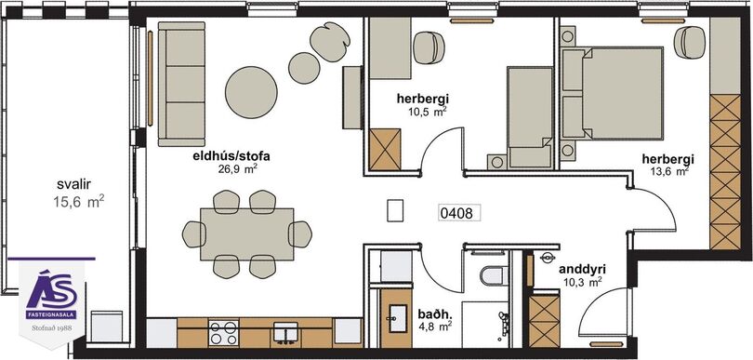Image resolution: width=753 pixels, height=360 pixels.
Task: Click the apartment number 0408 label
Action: [x=459, y=212]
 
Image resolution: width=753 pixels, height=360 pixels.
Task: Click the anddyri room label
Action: [x=581, y=270]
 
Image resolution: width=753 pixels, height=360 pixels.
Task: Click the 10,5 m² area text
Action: [x=423, y=111]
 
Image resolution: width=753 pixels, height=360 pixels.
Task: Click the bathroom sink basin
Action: [x=398, y=318]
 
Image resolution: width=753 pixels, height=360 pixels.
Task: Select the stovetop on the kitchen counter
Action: [x=224, y=333]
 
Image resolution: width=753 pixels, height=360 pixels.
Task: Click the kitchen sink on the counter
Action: [x=285, y=332]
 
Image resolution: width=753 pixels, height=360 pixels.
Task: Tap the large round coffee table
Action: [x=251, y=92]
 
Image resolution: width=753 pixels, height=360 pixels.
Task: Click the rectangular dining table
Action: [x=247, y=234]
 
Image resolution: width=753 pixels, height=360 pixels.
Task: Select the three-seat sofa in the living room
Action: [x=181, y=84]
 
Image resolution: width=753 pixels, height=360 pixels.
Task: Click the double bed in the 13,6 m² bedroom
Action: [x=613, y=93]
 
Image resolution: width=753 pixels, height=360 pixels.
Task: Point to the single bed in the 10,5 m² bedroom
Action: [x=530, y=117]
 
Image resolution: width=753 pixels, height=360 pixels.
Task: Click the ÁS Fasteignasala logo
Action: [x=52, y=295]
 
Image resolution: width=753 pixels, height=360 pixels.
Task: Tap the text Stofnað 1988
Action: [x=52, y=328]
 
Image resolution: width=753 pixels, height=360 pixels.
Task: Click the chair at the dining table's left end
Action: [x=193, y=234]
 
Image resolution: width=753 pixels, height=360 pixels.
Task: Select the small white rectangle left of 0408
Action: [x=395, y=210]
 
